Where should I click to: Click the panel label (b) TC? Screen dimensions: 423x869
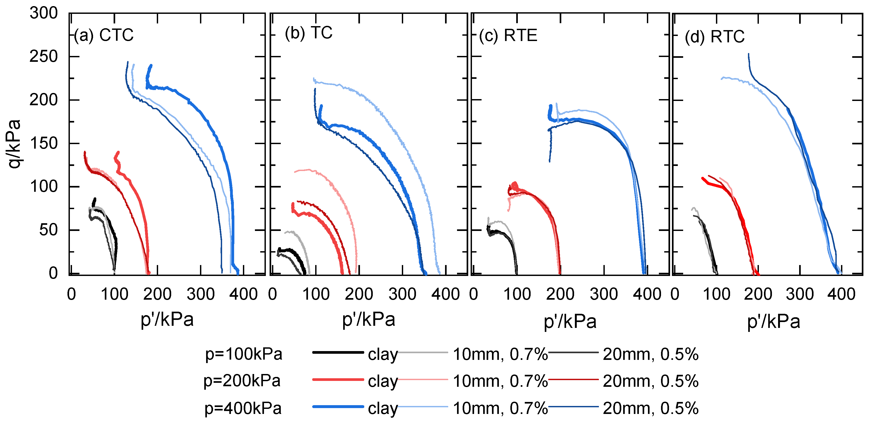tap(308, 33)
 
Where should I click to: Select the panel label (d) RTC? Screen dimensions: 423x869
tap(715, 36)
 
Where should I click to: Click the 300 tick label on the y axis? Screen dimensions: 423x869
tap(43, 14)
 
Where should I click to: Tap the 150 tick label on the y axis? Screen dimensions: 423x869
tap(43, 144)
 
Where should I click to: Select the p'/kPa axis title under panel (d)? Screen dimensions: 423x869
tap(774, 321)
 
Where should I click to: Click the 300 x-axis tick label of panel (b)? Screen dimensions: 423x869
tap(402, 294)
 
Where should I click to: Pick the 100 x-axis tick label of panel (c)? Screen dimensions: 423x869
tap(517, 294)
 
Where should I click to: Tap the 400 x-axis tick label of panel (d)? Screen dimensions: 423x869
tap(841, 294)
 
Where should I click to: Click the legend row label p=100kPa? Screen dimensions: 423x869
tap(243, 354)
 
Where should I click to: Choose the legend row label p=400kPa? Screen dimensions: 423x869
tap(243, 408)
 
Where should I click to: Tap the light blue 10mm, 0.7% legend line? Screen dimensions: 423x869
tap(423, 407)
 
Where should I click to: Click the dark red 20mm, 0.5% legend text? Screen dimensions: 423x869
tap(650, 381)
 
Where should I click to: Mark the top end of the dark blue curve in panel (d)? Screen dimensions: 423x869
tap(748, 54)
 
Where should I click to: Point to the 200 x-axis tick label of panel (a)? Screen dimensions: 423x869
tap(157, 294)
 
